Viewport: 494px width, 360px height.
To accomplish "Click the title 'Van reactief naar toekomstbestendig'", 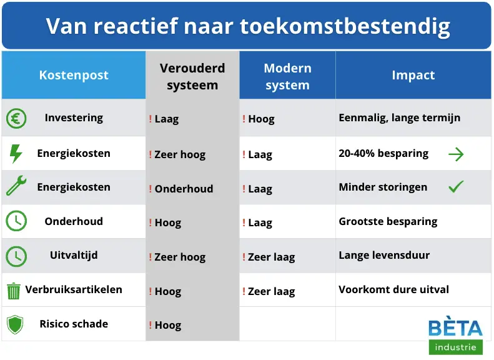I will pos(247,26).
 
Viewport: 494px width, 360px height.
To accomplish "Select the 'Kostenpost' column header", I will pos(74,75).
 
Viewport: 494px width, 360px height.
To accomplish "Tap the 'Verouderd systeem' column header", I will pos(192,76).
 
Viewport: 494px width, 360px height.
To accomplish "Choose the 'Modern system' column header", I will pos(287,76).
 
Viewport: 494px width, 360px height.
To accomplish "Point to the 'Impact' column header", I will pos(413,75).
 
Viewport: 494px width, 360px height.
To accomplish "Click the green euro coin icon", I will pos(16,119).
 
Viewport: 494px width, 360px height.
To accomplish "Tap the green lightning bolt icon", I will pos(16,154).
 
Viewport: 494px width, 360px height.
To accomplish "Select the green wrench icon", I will pos(16,187).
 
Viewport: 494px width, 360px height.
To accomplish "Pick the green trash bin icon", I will pos(14,291).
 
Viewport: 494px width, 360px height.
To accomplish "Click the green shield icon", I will pos(14,324).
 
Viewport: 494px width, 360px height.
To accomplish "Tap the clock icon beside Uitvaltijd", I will pos(16,256).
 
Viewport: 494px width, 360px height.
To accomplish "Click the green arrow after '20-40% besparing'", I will pos(457,154).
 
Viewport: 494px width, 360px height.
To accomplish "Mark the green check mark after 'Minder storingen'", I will pos(457,187).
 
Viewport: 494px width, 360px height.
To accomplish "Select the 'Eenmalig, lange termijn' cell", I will pos(399,117).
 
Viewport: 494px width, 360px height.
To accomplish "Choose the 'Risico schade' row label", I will pos(74,324).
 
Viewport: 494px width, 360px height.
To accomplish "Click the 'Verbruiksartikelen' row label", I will pos(74,289).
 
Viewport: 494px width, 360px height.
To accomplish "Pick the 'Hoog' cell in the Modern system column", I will pos(261,119).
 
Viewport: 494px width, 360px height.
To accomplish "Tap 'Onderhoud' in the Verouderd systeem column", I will pos(184,189).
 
